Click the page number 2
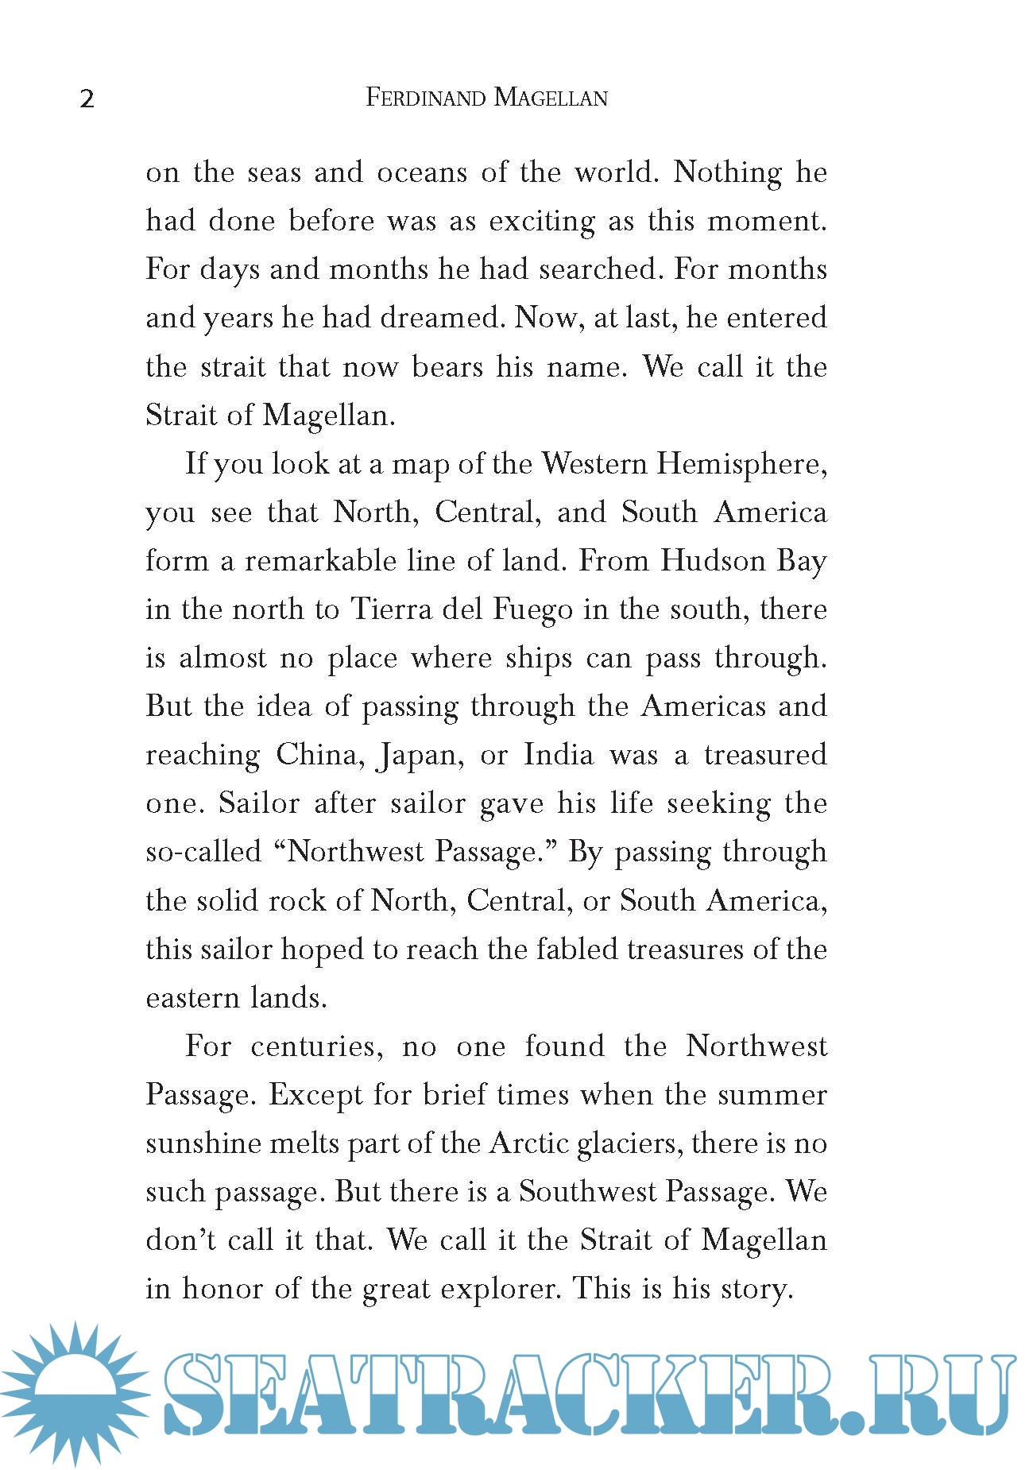[87, 99]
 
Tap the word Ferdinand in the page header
[425, 98]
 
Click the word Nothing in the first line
[728, 172]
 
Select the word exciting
[542, 221]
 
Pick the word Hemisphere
[741, 464]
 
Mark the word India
[559, 755]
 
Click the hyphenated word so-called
[203, 852]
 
